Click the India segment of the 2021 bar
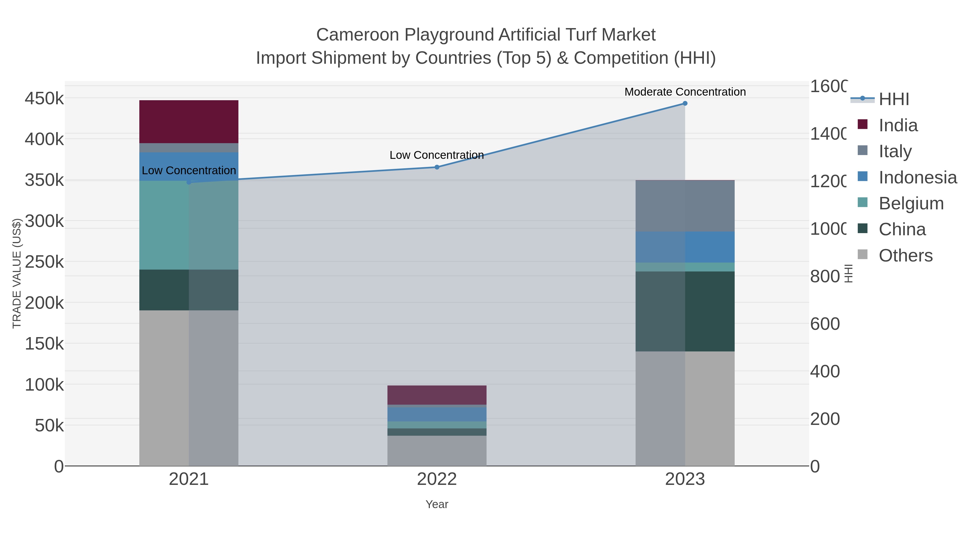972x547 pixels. pos(189,122)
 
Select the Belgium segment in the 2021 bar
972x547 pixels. pos(189,225)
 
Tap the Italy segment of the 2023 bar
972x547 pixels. pos(685,206)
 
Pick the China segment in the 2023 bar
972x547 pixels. pos(685,311)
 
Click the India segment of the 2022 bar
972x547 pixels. pos(437,395)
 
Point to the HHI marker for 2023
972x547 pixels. pos(685,103)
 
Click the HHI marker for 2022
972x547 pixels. pos(437,167)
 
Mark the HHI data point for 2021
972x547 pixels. pos(189,182)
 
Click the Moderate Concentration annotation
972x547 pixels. pos(685,92)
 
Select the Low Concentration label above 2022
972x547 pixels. pos(437,155)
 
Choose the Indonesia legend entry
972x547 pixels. pos(917,177)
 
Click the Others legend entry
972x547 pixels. pos(905,256)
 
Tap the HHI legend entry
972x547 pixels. pos(893,99)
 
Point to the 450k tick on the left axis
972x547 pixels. pos(45,99)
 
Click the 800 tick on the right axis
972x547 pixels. pos(825,276)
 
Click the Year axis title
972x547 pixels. pos(437,504)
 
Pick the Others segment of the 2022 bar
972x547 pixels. pos(437,451)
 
